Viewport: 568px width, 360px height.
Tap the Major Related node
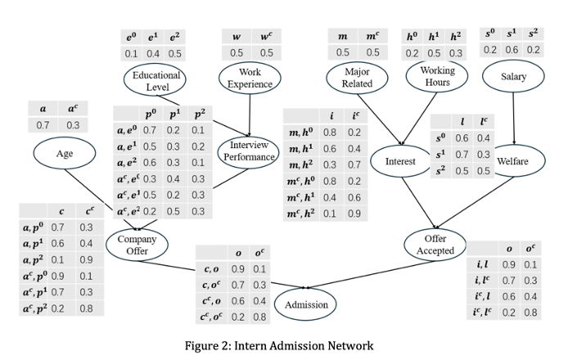click(358, 78)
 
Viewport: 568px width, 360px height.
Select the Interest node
click(400, 162)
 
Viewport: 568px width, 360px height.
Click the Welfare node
click(513, 161)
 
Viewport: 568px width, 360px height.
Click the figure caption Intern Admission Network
click(284, 344)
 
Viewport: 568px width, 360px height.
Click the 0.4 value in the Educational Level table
click(152, 52)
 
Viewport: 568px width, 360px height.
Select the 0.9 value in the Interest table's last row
click(354, 214)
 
